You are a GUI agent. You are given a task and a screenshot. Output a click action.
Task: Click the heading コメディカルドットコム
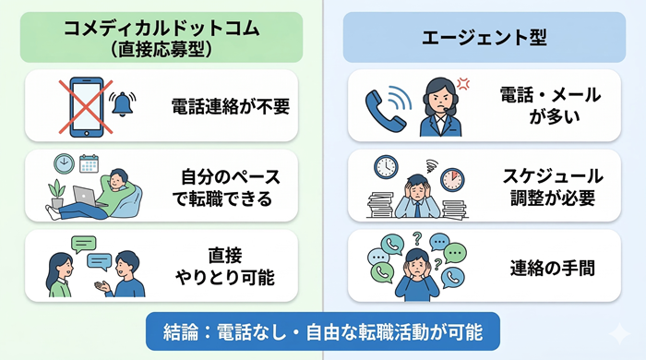[161, 28]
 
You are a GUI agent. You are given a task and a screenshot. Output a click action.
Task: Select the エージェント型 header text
[484, 38]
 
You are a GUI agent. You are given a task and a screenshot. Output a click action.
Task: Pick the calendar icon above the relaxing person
[89, 163]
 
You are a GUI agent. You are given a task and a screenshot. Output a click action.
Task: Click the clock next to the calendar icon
[66, 164]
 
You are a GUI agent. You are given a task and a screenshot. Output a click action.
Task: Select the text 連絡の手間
[551, 269]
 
